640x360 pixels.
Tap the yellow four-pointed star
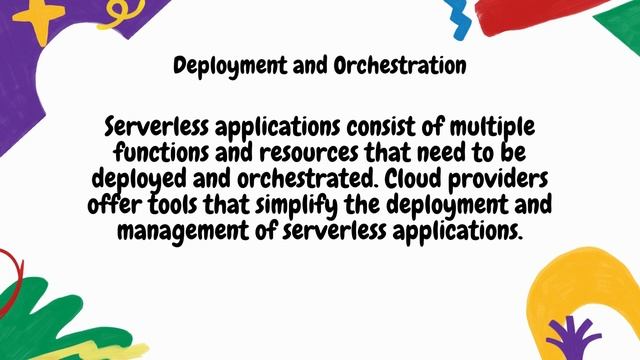[40, 19]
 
